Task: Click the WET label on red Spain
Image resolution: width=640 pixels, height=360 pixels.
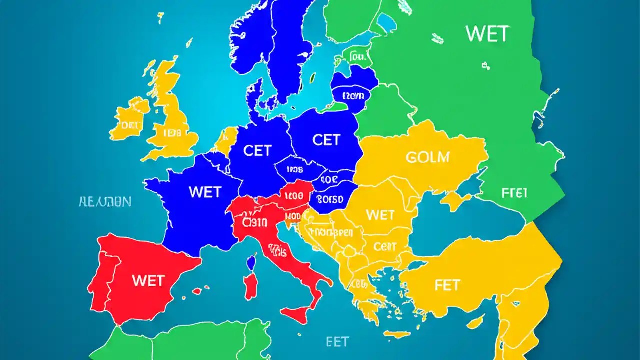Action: (x=148, y=281)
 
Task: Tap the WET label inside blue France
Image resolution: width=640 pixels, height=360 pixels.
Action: (x=205, y=192)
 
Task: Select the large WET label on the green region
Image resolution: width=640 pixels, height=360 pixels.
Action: (x=487, y=34)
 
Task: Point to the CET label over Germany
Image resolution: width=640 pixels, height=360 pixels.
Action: (x=257, y=151)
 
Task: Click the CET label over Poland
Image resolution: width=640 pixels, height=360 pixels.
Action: (x=326, y=140)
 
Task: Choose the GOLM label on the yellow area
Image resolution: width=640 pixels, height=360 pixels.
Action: (x=427, y=157)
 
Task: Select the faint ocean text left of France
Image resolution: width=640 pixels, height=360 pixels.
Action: (x=105, y=202)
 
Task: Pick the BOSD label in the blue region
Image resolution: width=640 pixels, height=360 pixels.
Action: (x=330, y=199)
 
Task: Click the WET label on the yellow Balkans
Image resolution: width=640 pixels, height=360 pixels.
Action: (x=380, y=215)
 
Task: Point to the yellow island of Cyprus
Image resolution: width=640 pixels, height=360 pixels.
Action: (x=475, y=320)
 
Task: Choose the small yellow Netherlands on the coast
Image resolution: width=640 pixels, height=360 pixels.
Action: (x=226, y=139)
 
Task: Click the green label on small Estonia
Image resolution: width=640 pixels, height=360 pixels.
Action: (x=358, y=57)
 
